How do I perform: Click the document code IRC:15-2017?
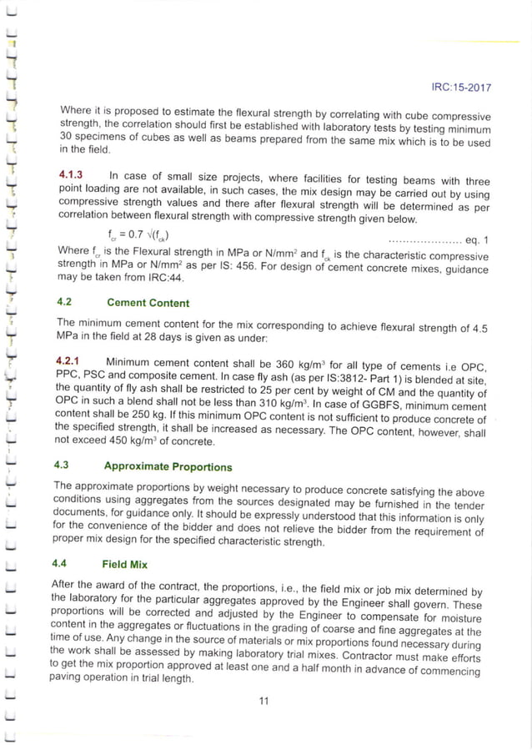tap(460, 88)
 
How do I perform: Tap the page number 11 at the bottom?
tap(263, 701)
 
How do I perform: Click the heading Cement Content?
tap(148, 303)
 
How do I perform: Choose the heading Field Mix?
tap(124, 564)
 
